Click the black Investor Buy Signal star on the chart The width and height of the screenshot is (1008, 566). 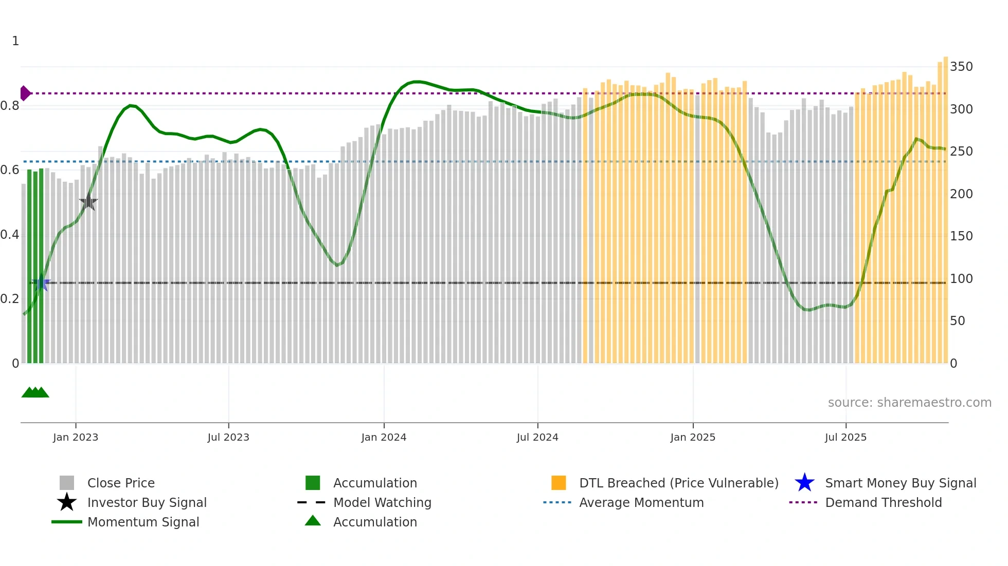(x=88, y=202)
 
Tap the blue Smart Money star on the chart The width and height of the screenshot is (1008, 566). (x=41, y=282)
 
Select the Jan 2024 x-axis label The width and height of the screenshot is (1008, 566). (x=384, y=437)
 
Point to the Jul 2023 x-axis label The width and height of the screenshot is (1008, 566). (x=228, y=437)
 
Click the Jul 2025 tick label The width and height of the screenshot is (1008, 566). (x=845, y=437)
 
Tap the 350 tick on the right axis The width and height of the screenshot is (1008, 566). (x=961, y=67)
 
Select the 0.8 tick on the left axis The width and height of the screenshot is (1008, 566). (x=10, y=106)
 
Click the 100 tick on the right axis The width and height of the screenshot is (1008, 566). (x=961, y=279)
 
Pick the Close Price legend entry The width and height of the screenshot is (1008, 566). (x=121, y=483)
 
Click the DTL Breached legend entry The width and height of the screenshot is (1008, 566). (x=678, y=483)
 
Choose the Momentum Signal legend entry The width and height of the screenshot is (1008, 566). (x=143, y=522)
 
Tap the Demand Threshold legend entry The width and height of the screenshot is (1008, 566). (x=883, y=502)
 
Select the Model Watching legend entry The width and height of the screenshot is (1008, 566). (x=382, y=502)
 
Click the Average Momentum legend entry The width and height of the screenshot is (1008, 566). (x=641, y=502)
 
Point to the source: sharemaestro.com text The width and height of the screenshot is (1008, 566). (x=909, y=403)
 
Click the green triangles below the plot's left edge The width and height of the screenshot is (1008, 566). (x=35, y=392)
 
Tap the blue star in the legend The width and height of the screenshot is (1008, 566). (x=804, y=483)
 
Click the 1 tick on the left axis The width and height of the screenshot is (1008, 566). (x=15, y=41)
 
